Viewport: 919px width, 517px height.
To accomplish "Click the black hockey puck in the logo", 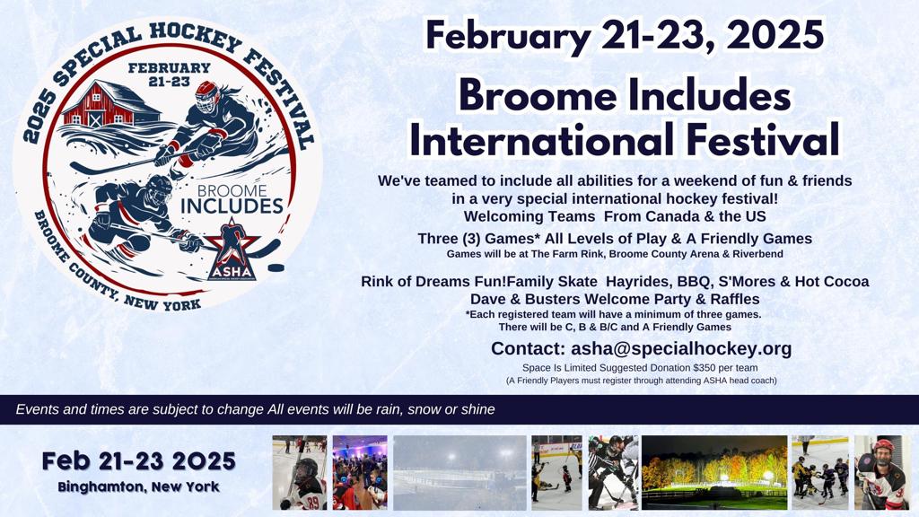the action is coord(276,267).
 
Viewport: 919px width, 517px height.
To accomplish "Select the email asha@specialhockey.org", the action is coord(682,348).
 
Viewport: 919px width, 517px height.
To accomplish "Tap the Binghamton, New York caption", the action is coord(139,486).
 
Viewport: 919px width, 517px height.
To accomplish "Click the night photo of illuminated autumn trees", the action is coord(714,472).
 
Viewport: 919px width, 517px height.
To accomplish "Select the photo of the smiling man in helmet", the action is coord(882,472).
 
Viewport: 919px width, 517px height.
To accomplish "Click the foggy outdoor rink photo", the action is coord(460,472).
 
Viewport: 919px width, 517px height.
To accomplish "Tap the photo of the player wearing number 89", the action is coord(300,472).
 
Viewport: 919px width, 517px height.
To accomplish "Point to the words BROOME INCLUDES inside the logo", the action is coord(232,199).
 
